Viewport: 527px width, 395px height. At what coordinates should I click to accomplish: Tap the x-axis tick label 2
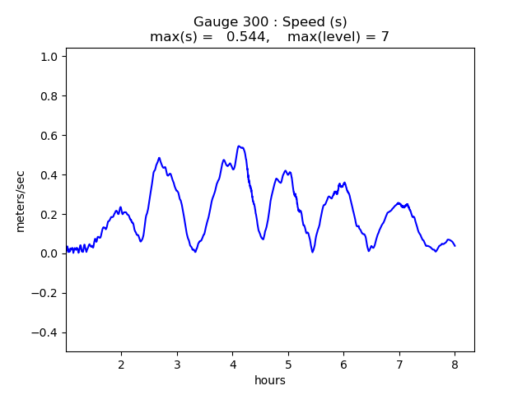point(121,364)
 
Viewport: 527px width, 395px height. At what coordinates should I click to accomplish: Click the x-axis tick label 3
point(177,364)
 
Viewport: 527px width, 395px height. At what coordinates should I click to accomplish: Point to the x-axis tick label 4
point(232,364)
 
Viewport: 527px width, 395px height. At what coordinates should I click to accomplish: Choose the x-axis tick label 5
point(288,364)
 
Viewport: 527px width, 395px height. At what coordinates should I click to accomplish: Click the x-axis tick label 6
point(343,364)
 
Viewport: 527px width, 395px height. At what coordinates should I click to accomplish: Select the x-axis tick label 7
point(399,364)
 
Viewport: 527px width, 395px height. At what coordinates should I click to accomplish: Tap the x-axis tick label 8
point(455,364)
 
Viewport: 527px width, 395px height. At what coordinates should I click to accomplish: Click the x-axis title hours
point(270,379)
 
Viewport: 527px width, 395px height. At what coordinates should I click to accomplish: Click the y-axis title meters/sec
point(21,200)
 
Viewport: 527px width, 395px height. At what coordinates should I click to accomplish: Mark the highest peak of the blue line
point(239,146)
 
